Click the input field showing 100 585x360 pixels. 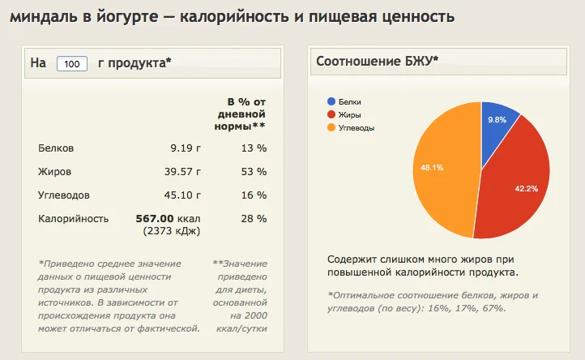[x=72, y=64]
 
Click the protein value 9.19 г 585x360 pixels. [x=185, y=148]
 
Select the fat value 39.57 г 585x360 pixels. [x=182, y=172]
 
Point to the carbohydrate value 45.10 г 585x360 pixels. [x=182, y=195]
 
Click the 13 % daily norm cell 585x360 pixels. [x=255, y=148]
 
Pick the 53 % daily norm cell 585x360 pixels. [x=255, y=172]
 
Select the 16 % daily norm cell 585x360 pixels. [x=255, y=195]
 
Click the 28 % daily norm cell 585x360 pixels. [x=255, y=218]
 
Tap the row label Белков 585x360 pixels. [x=56, y=148]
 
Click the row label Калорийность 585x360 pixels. [x=73, y=218]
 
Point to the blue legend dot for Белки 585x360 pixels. [x=331, y=102]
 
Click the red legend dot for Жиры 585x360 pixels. [x=331, y=114]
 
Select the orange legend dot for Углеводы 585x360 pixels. [x=331, y=127]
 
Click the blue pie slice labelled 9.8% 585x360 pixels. [x=498, y=122]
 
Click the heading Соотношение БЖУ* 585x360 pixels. [x=378, y=61]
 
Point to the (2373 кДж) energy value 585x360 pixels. [x=172, y=231]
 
